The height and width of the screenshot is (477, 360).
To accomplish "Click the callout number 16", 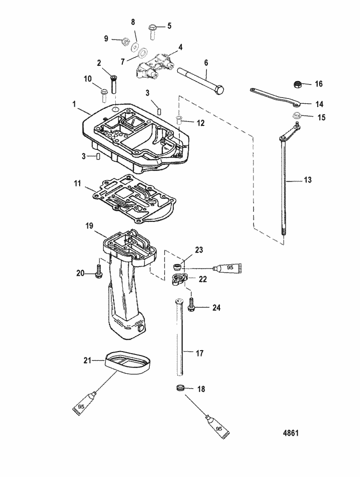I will coord(319,84).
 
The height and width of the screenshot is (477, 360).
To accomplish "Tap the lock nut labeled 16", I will coord(297,85).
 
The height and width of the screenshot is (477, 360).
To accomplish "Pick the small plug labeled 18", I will coord(181,388).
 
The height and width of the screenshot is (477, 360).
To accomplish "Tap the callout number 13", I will coord(308,180).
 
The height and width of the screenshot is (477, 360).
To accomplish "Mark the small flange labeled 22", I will coord(180,279).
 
